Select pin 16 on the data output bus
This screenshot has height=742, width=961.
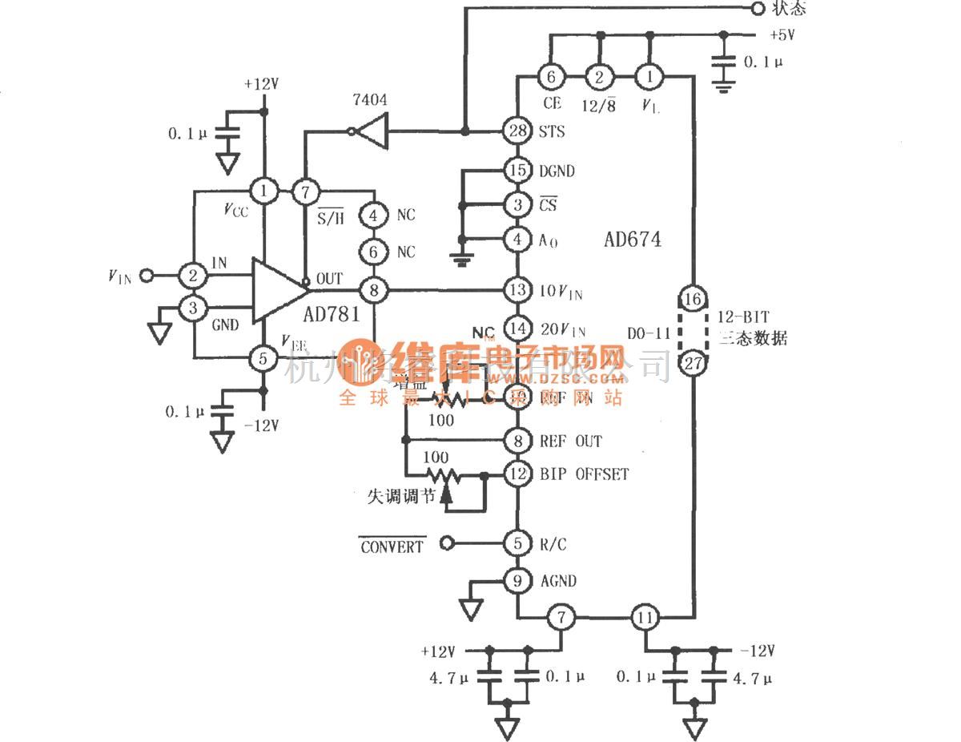pos(694,300)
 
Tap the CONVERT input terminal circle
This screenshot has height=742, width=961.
pos(448,544)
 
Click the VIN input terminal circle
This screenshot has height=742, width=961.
pos(146,276)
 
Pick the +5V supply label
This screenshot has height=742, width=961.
pos(782,34)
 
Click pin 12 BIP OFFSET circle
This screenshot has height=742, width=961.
pos(519,474)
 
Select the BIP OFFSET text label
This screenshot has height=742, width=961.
pos(584,474)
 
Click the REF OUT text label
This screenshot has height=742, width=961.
pos(570,441)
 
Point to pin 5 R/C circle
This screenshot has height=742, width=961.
pos(519,544)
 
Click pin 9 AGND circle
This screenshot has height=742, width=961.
pos(519,580)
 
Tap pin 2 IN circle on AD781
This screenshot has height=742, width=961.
pos(194,276)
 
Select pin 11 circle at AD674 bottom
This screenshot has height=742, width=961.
pos(646,618)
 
